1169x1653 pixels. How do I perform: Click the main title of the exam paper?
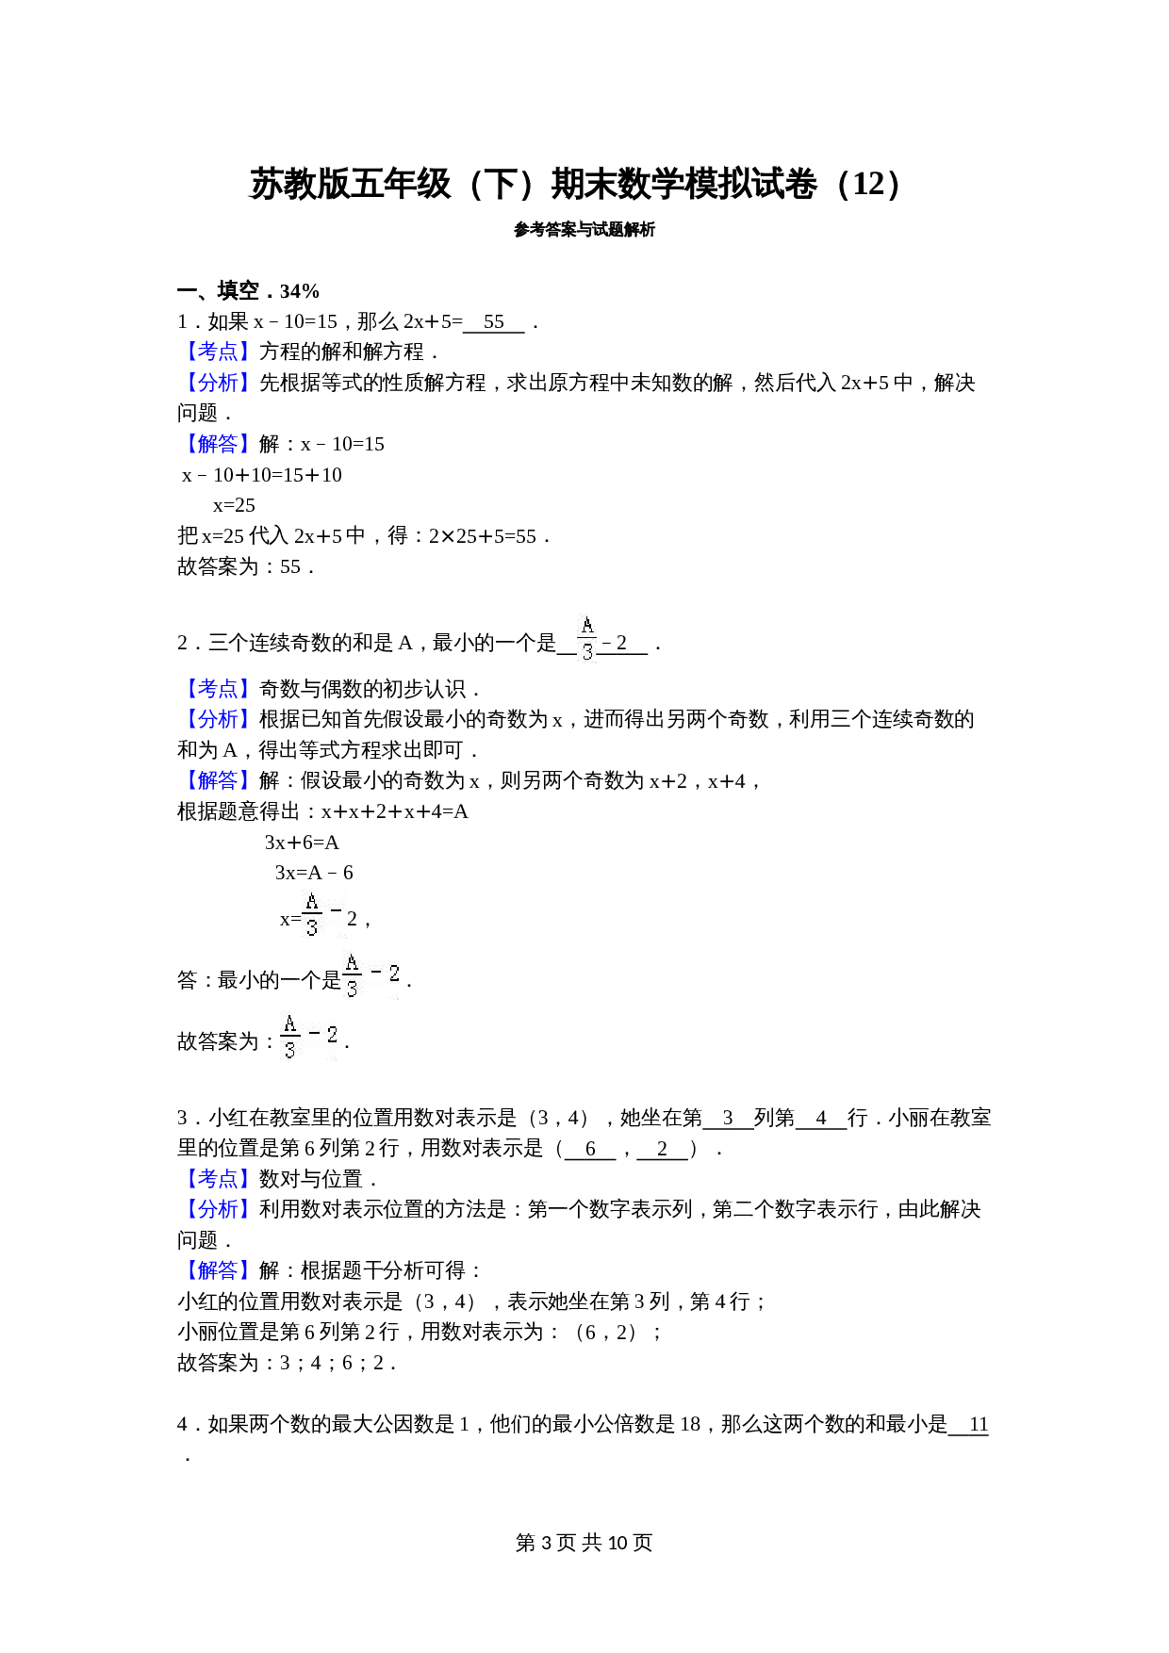click(x=575, y=184)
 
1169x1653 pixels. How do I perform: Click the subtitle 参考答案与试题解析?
click(x=584, y=229)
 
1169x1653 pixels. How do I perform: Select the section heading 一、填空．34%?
click(x=249, y=291)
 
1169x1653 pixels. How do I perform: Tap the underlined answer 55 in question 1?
click(x=494, y=322)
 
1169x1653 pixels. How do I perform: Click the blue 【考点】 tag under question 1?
click(x=217, y=352)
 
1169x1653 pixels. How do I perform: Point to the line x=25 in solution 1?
click(x=234, y=505)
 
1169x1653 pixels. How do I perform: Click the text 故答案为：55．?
click(x=245, y=566)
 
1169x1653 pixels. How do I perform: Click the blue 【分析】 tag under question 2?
click(x=217, y=720)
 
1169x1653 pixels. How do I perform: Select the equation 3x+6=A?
click(x=302, y=843)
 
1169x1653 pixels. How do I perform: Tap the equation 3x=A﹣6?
click(x=314, y=873)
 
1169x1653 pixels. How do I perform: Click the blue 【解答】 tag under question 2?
click(x=217, y=781)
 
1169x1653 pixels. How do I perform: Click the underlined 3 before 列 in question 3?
click(x=728, y=1119)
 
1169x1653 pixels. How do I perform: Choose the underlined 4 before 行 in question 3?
click(x=821, y=1119)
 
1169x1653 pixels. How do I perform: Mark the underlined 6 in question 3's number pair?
click(x=590, y=1149)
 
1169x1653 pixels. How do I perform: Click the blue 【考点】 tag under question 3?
click(x=217, y=1179)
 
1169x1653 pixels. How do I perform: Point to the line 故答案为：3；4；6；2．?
click(x=287, y=1363)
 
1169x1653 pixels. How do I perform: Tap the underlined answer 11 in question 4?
click(x=978, y=1424)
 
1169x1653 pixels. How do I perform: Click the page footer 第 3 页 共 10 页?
click(x=584, y=1543)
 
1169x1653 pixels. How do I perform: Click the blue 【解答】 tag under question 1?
click(x=217, y=444)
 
